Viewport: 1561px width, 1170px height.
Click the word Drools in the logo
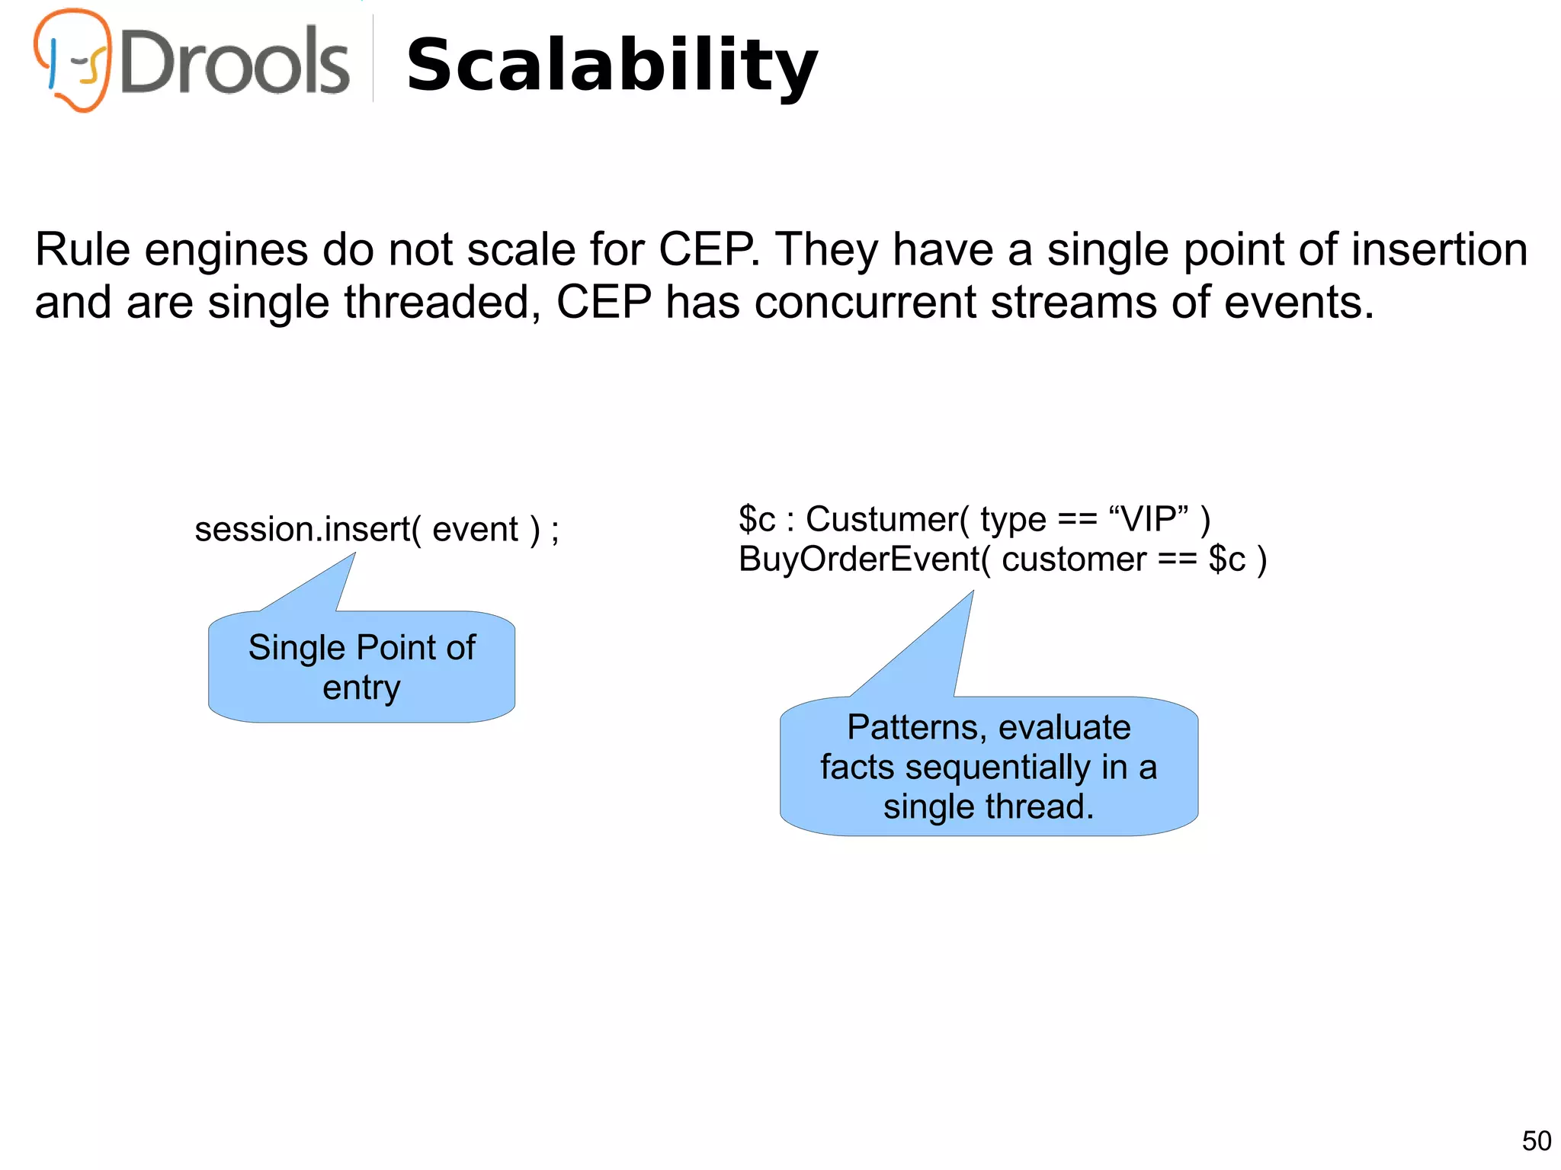coord(235,63)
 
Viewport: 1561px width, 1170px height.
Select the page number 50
coord(1536,1141)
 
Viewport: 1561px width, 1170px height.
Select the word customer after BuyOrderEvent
coord(1073,559)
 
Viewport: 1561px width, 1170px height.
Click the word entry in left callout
coord(361,688)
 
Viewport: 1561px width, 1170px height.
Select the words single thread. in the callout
coord(989,807)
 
